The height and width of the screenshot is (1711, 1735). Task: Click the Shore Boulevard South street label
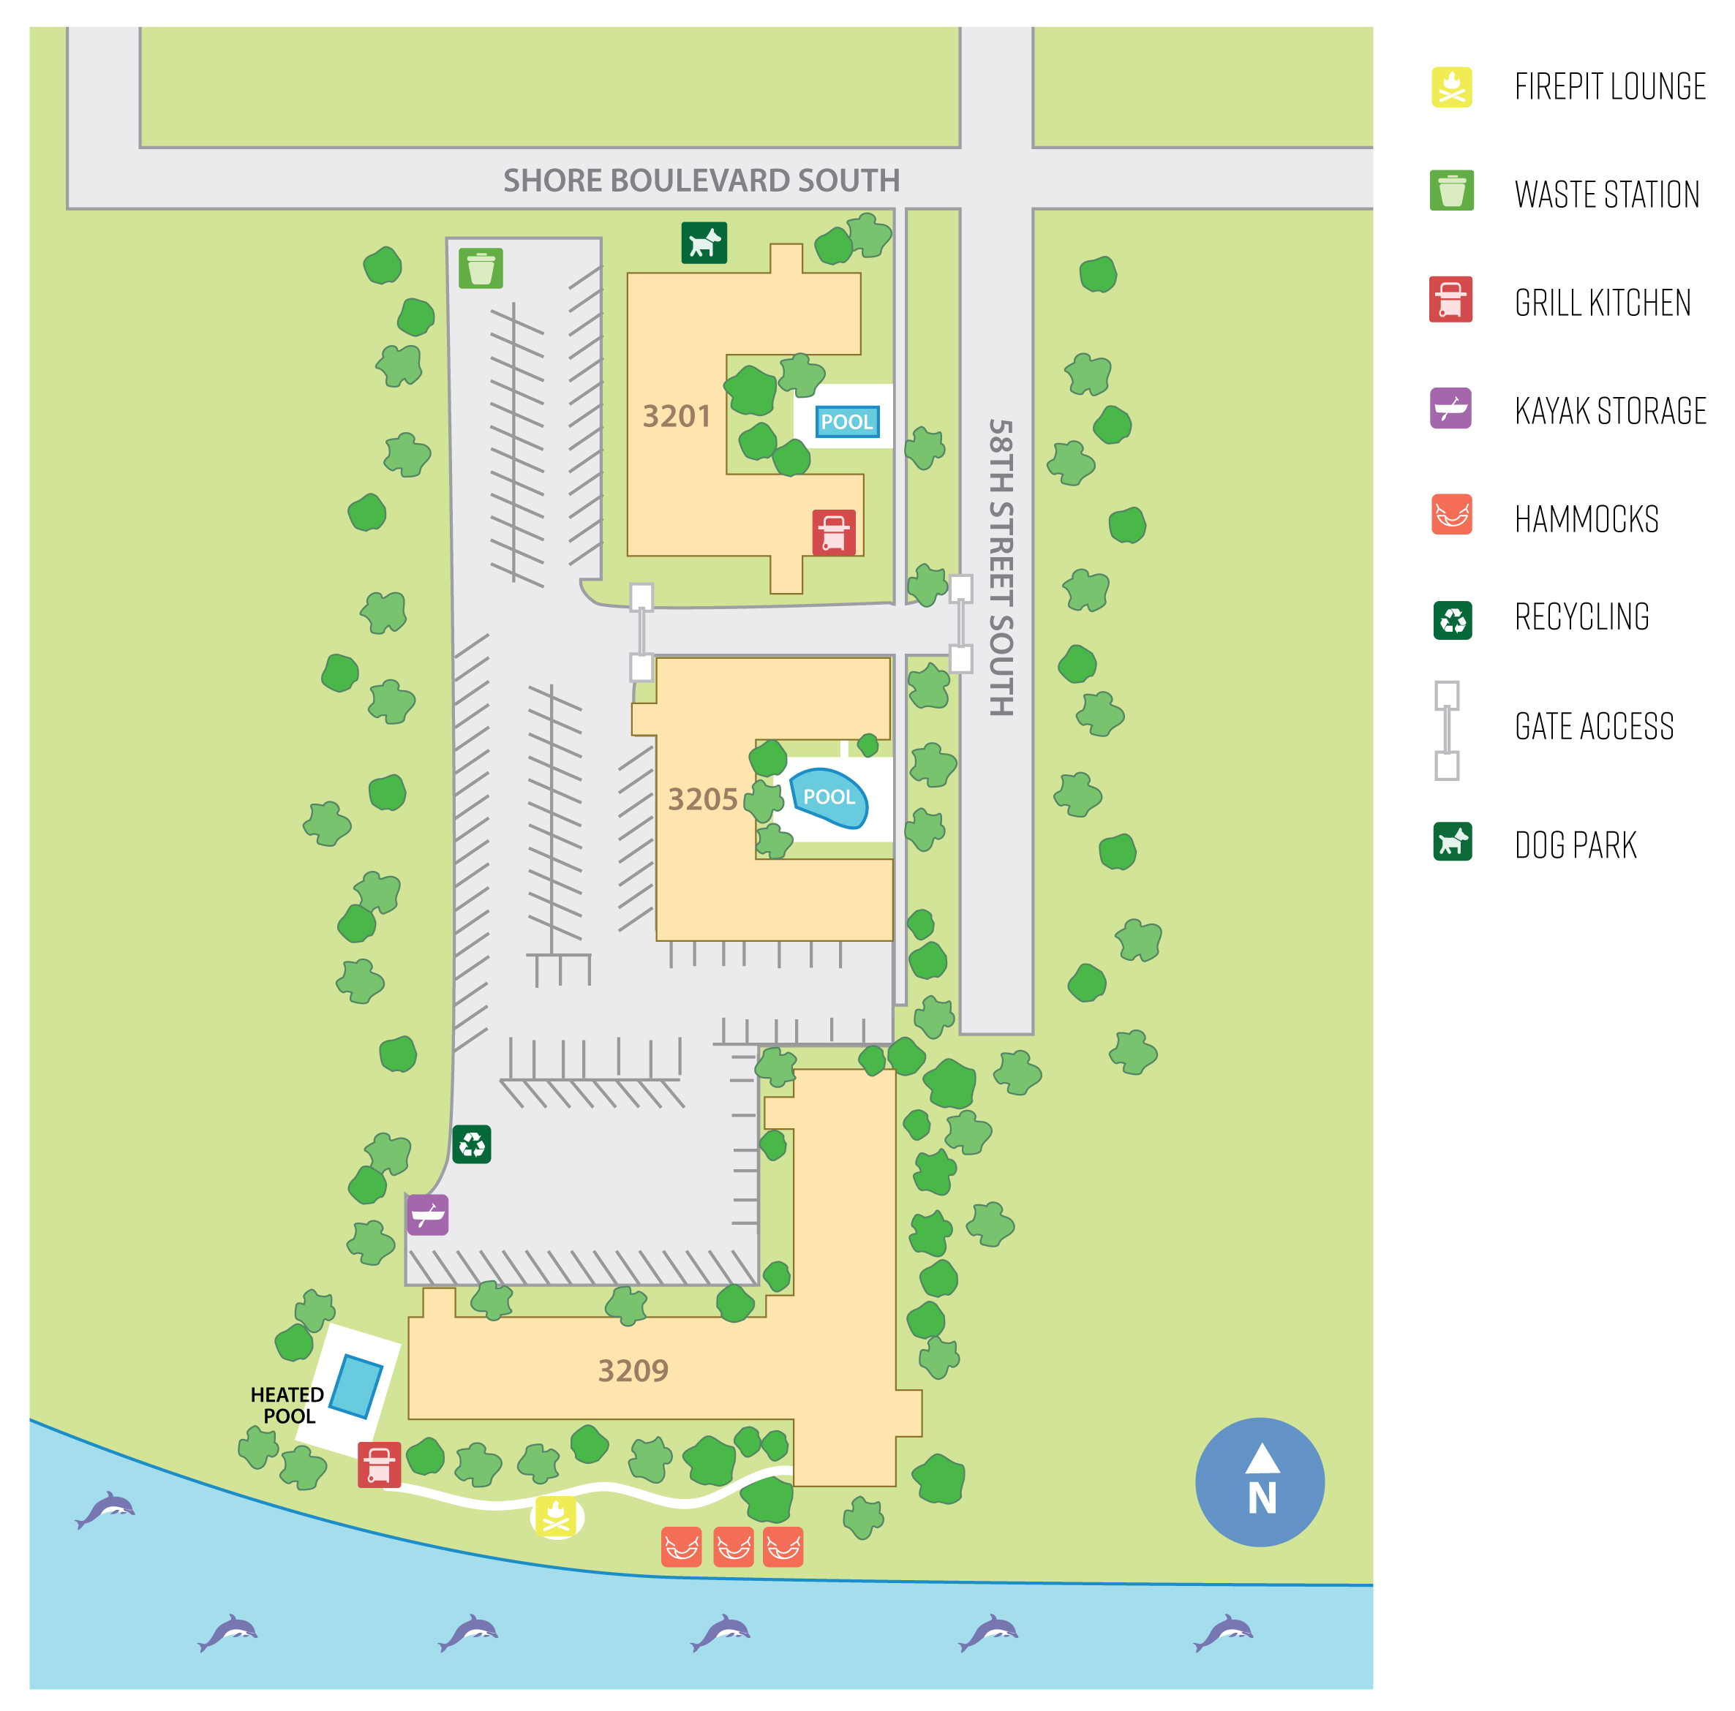pyautogui.click(x=701, y=181)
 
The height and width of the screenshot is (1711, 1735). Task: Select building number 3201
pyautogui.click(x=676, y=417)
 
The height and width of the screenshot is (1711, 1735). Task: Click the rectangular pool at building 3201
pyautogui.click(x=846, y=422)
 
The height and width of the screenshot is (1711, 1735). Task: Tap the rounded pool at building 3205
pyautogui.click(x=828, y=797)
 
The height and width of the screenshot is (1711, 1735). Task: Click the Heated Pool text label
pyautogui.click(x=287, y=1405)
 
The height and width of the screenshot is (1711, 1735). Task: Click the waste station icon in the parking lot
pyautogui.click(x=481, y=268)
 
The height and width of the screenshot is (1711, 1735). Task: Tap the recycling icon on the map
pyautogui.click(x=472, y=1144)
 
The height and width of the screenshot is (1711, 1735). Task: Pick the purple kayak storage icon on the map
pyautogui.click(x=427, y=1215)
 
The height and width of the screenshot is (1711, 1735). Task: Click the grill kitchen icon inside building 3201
pyautogui.click(x=833, y=532)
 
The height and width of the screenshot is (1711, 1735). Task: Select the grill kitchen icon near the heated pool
pyautogui.click(x=379, y=1465)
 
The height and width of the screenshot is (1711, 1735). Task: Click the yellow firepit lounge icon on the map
pyautogui.click(x=557, y=1517)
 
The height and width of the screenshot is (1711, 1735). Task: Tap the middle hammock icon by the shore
pyautogui.click(x=734, y=1546)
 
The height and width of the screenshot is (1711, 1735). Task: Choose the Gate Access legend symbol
pyautogui.click(x=1446, y=730)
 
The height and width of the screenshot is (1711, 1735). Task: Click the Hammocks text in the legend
pyautogui.click(x=1586, y=520)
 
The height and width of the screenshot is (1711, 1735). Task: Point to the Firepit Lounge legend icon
pyautogui.click(x=1451, y=87)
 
